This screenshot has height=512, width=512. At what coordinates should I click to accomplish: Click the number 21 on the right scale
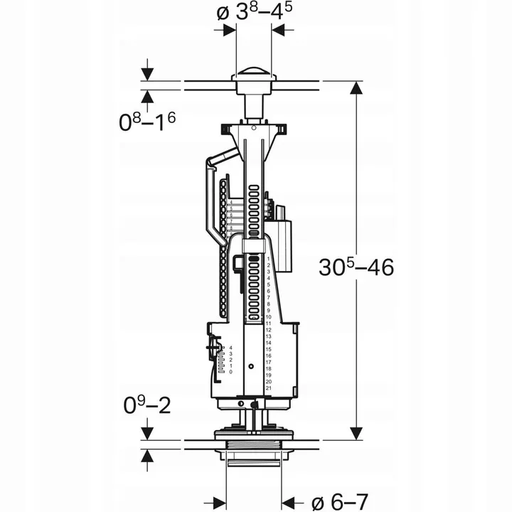click(269, 389)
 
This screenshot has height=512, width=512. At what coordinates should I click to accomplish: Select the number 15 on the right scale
click(269, 350)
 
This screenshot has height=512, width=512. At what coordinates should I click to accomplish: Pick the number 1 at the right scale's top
click(269, 258)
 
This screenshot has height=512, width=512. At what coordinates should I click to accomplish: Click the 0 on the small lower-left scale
click(231, 372)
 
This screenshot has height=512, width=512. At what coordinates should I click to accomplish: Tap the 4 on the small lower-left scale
click(231, 346)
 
